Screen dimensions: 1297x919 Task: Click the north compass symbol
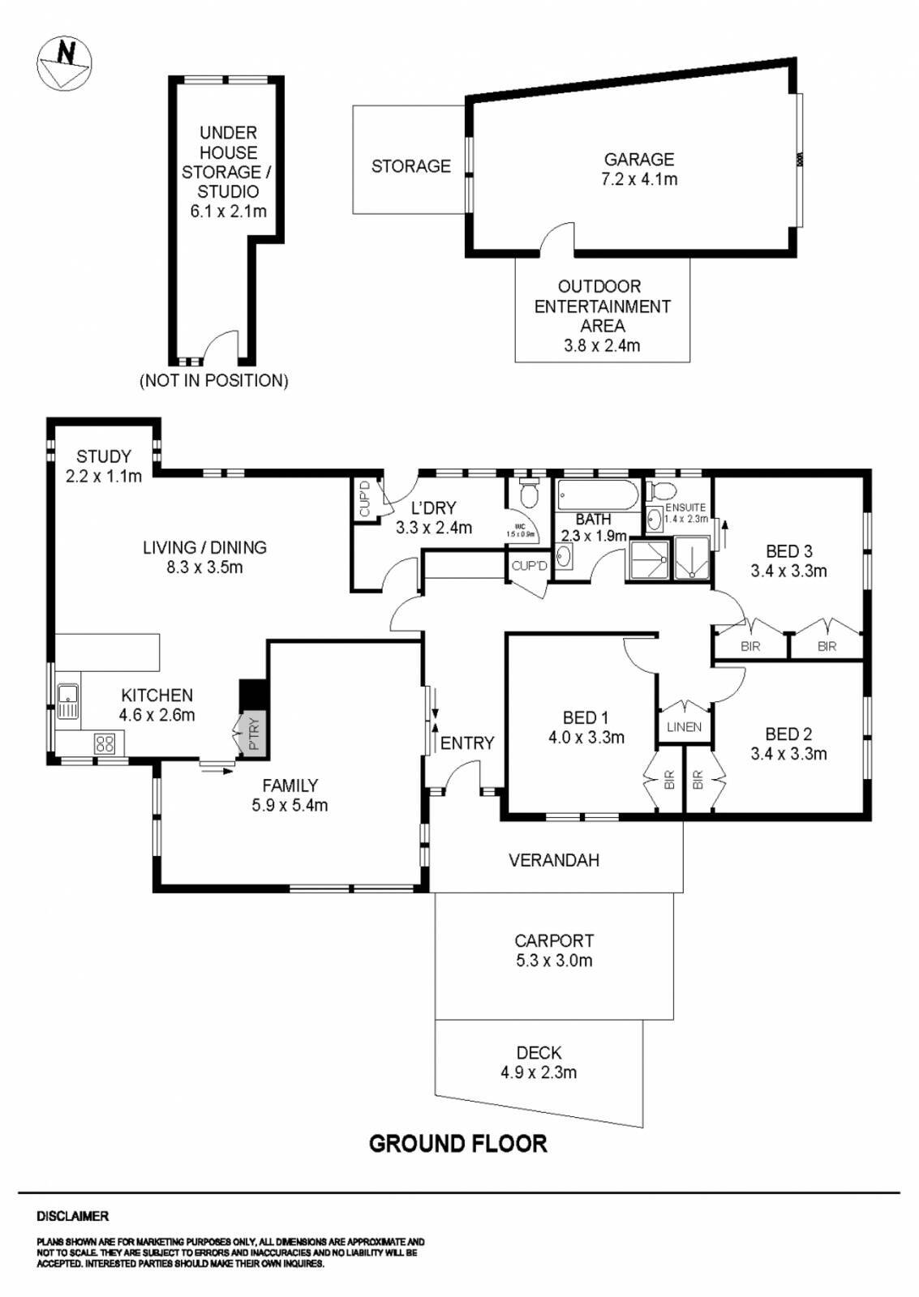pyautogui.click(x=64, y=64)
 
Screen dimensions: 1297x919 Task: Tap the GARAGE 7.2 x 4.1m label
pyautogui.click(x=639, y=169)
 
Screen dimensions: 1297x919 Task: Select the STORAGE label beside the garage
pyautogui.click(x=410, y=166)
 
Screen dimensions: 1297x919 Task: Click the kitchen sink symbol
pyautogui.click(x=68, y=701)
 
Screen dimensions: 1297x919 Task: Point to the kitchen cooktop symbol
pyautogui.click(x=105, y=743)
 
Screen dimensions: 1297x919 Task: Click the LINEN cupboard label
pyautogui.click(x=684, y=727)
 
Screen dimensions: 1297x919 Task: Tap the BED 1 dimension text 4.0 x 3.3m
pyautogui.click(x=586, y=738)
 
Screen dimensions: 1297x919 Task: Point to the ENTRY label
pyautogui.click(x=467, y=743)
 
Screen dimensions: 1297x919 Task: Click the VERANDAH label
pyautogui.click(x=554, y=860)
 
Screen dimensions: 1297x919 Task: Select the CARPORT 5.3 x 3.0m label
pyautogui.click(x=554, y=951)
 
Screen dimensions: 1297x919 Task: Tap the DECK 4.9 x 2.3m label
pyautogui.click(x=539, y=1063)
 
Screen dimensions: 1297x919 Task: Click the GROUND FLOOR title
pyautogui.click(x=458, y=1144)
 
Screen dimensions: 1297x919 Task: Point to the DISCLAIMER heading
pyautogui.click(x=72, y=1216)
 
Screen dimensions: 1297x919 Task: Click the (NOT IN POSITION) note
pyautogui.click(x=214, y=380)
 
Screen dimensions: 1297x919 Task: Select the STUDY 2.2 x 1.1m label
pyautogui.click(x=104, y=466)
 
